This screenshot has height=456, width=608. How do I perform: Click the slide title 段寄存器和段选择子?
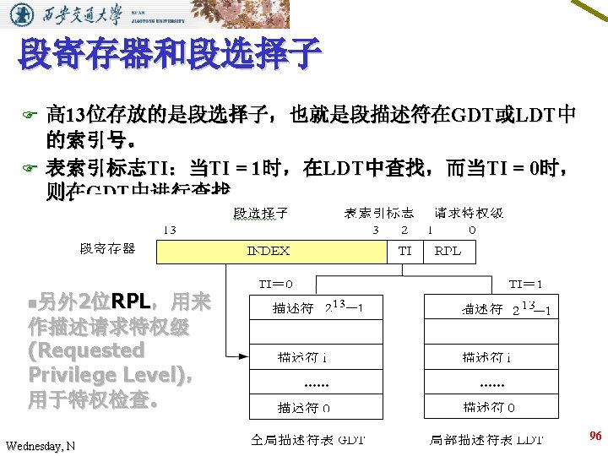pos(169,54)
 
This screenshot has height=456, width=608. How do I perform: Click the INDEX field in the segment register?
pos(269,251)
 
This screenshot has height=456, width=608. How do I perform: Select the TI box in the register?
pos(405,251)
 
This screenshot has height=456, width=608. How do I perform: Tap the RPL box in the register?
pos(448,251)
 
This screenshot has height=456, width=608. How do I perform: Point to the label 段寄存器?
pos(107,248)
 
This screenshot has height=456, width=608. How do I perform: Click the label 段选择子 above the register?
pos(259,213)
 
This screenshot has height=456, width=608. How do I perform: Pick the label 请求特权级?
pos(470,213)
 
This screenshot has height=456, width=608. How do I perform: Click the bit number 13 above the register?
pos(169,229)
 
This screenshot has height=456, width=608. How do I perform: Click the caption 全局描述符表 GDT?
pos(307,440)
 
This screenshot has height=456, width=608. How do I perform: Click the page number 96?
pos(594,436)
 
